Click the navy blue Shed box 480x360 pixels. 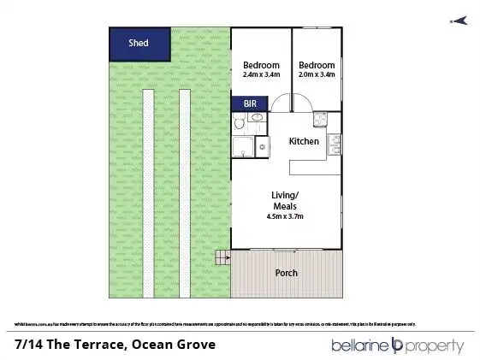click(x=139, y=43)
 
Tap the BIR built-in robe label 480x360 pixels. click(x=251, y=104)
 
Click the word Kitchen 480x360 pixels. click(x=303, y=141)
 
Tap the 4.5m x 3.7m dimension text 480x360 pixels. click(x=286, y=216)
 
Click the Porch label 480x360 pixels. click(x=286, y=274)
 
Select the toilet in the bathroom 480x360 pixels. click(x=240, y=125)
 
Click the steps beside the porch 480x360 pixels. click(x=223, y=257)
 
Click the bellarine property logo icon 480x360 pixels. click(x=397, y=345)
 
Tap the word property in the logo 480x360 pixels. click(x=436, y=345)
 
